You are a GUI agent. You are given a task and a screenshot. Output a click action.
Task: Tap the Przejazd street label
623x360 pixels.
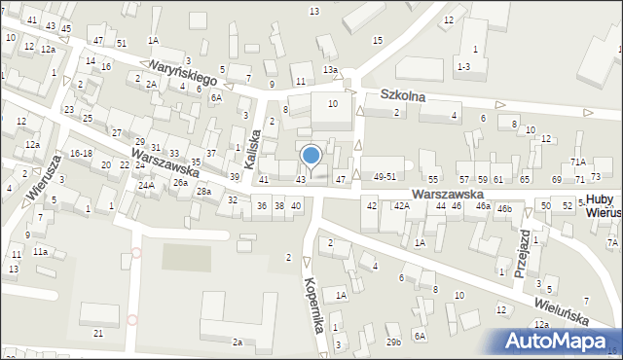[525, 255]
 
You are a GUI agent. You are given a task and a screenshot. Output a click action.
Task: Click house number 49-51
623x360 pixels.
[385, 178]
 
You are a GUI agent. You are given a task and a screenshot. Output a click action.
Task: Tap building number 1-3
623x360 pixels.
[463, 66]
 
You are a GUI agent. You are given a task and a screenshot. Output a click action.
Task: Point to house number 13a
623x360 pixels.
[331, 70]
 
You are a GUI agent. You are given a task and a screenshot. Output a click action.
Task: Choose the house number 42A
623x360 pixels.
[401, 206]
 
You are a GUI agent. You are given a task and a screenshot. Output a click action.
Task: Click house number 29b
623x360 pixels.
[393, 342]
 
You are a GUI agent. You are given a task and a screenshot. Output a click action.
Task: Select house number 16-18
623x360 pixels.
[81, 154]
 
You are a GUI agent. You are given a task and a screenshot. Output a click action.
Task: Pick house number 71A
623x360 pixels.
[578, 162]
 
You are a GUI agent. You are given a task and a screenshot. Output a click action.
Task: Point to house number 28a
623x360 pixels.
[203, 192]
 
